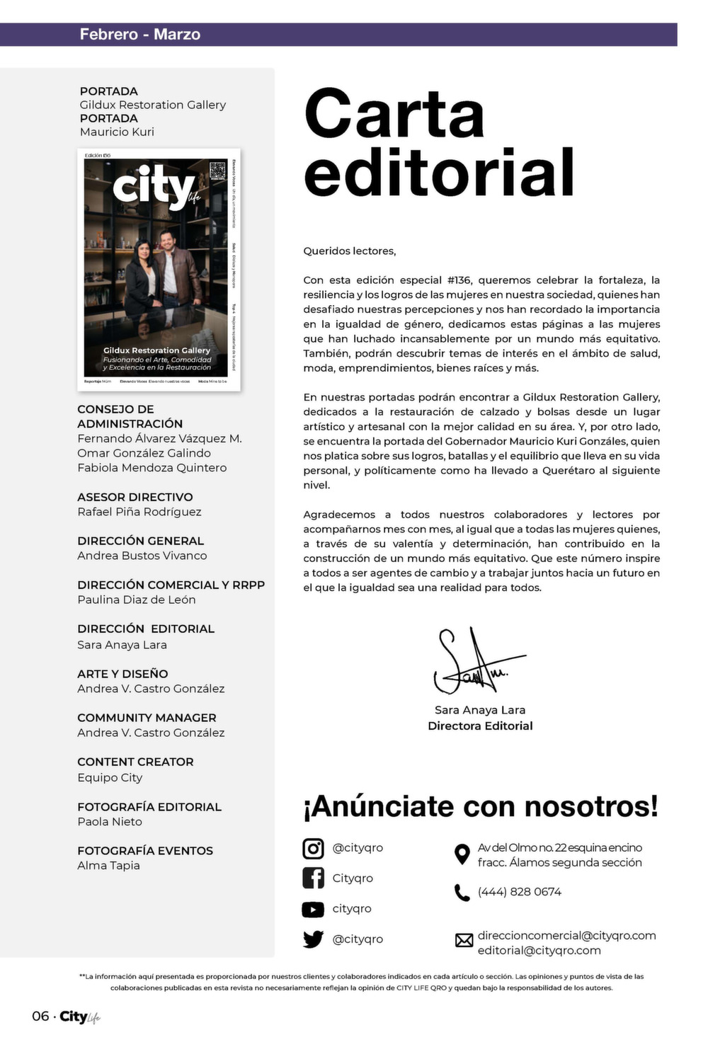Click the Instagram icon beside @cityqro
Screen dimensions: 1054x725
click(x=313, y=848)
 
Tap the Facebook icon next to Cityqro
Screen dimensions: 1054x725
click(x=313, y=878)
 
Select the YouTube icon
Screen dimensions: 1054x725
click(x=313, y=909)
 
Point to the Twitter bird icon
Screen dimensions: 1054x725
click(x=313, y=939)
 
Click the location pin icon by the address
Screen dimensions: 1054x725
click(x=462, y=854)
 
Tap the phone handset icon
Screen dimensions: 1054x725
click(x=462, y=893)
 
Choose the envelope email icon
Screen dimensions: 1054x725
click(x=464, y=940)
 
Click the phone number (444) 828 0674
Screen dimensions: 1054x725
click(x=519, y=892)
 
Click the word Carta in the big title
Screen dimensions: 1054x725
click(x=394, y=114)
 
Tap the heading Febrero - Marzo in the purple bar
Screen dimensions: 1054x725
click(x=139, y=35)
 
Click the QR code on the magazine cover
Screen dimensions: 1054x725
click(x=217, y=171)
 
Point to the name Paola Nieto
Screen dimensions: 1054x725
click(x=110, y=822)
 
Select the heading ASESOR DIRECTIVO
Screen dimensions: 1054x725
click(x=135, y=497)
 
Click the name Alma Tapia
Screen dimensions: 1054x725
click(x=108, y=866)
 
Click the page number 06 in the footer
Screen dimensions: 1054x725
click(x=40, y=1016)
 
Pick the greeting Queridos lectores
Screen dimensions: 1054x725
click(x=350, y=251)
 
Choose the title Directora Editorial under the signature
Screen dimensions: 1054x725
click(x=480, y=726)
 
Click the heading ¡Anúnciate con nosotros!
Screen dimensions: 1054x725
click(x=481, y=806)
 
